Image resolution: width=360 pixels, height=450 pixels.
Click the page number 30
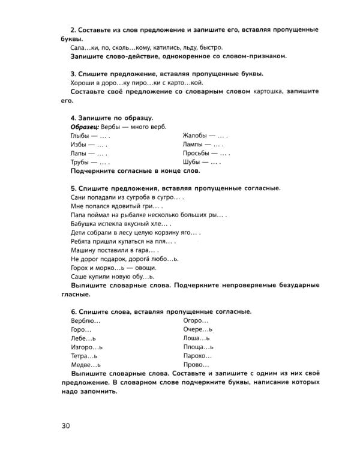click(x=65, y=427)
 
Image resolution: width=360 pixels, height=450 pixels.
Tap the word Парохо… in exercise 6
click(x=198, y=355)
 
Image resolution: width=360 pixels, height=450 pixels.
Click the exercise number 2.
click(x=73, y=29)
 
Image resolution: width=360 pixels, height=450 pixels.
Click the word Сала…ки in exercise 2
click(x=85, y=47)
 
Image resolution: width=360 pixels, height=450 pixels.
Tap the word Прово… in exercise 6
click(x=196, y=364)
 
